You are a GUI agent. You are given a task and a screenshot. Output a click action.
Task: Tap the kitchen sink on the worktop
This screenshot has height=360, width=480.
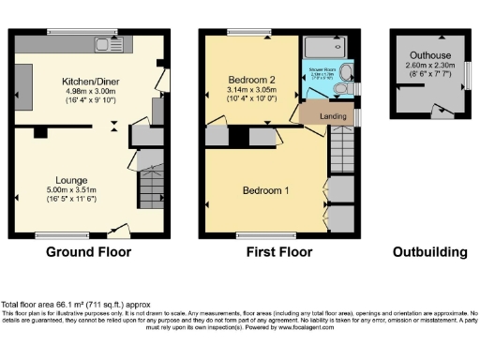click(x=101, y=44)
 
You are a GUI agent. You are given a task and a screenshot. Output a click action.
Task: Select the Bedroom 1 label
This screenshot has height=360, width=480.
click(x=266, y=191)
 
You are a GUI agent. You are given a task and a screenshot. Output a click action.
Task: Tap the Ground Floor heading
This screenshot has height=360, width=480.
click(x=89, y=252)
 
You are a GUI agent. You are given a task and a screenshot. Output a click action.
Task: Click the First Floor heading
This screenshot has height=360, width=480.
click(x=277, y=252)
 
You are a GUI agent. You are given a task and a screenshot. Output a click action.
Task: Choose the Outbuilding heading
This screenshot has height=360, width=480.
click(x=429, y=252)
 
